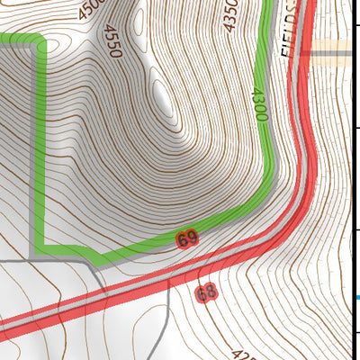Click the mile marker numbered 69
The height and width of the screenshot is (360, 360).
pyautogui.click(x=187, y=239)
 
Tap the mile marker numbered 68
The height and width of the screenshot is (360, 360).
pyautogui.click(x=206, y=292)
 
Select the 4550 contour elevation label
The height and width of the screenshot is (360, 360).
pyautogui.click(x=114, y=42)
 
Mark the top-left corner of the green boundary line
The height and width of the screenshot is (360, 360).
pyautogui.click(x=40, y=40)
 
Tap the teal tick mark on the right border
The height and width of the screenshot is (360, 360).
pyautogui.click(x=357, y=297)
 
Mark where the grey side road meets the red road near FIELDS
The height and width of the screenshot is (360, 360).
pyautogui.click(x=313, y=54)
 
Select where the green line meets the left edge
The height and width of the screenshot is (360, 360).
pyautogui.click(x=3, y=39)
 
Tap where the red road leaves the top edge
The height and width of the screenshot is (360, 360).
pyautogui.click(x=303, y=3)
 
